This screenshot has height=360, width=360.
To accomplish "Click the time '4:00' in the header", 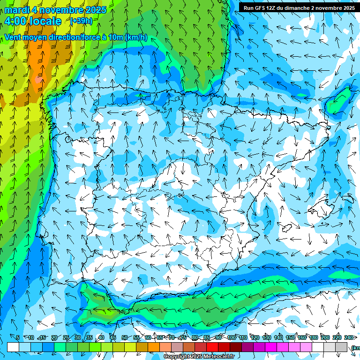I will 17,21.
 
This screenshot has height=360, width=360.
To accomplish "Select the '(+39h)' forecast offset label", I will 81,21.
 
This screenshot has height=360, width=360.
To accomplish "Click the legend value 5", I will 18,337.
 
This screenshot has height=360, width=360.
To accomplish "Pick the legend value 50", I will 124,337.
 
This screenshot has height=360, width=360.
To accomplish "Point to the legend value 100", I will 231,337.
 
